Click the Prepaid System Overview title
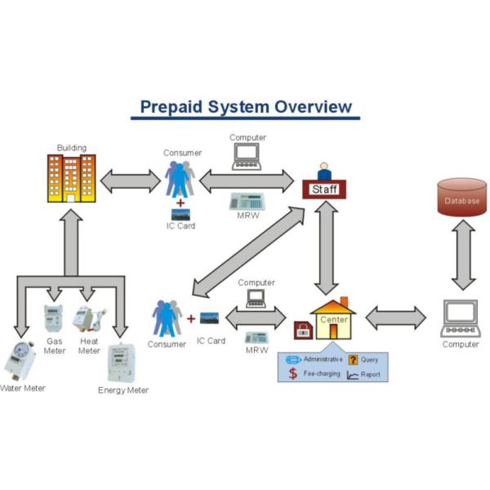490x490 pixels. coord(246,107)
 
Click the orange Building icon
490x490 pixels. coord(72,177)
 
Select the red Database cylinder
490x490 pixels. coord(462,199)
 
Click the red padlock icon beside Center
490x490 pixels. coord(302,331)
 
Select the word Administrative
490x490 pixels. coord(321,359)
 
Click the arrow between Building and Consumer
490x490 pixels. coord(130,180)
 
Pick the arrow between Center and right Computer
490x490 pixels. coord(395,318)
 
